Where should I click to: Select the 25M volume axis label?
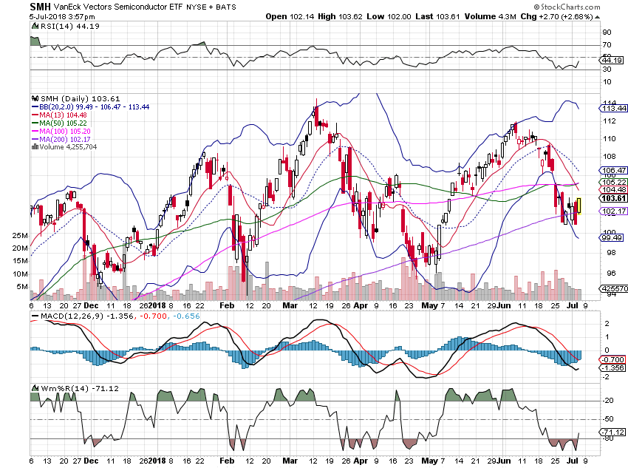pos(19,235)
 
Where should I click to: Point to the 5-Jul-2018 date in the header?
pos(25,16)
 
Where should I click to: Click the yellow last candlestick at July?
pos(579,206)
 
